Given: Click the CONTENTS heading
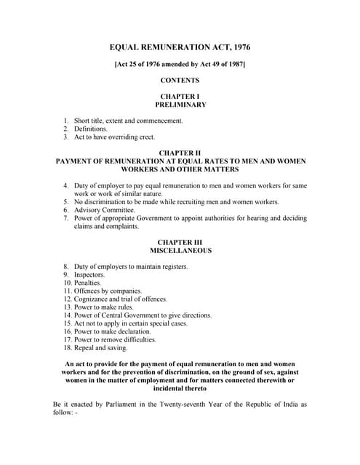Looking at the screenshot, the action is pos(180,80).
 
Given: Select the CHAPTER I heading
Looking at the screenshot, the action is pos(180,96).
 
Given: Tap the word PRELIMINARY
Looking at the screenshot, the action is pos(180,105).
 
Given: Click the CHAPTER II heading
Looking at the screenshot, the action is pos(180,153).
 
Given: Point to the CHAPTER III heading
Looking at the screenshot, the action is pos(180,241).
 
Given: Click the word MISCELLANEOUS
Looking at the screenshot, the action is pos(180,250).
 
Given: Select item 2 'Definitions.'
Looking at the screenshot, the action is pos(91,129).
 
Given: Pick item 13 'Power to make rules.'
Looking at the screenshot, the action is pos(105,307).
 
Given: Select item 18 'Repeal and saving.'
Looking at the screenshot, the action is pos(102,347).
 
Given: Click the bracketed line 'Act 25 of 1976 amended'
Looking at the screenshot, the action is pos(180,65).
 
